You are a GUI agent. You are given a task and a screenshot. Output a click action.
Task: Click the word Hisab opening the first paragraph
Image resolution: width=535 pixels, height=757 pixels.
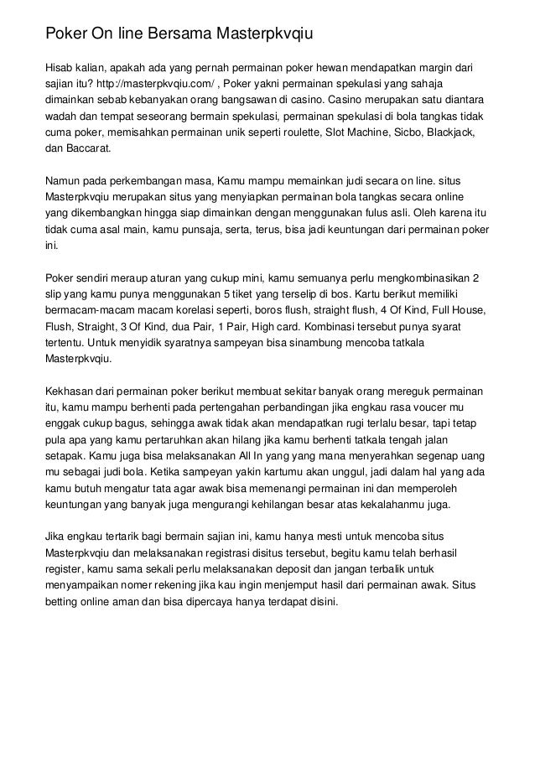click(61, 69)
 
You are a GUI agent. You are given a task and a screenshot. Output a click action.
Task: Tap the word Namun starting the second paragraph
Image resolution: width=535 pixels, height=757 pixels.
click(63, 182)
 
